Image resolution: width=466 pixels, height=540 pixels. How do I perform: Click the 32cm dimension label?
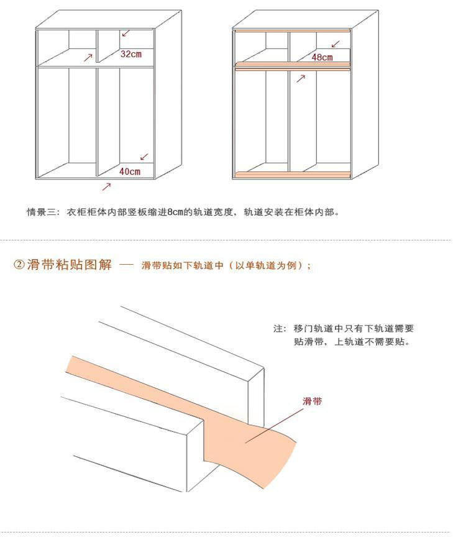130,54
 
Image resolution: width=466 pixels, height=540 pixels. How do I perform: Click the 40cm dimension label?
129,171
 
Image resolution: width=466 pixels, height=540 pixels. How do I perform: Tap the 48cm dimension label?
322,57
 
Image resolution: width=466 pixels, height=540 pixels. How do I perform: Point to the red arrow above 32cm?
126,32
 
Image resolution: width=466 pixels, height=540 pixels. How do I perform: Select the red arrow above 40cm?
144,157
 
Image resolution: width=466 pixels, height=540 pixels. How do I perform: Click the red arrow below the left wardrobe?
106,186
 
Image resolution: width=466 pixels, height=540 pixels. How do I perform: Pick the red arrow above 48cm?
336,43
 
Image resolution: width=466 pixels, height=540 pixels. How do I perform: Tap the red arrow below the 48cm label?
301,78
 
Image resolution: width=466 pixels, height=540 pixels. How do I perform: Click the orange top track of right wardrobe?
291,30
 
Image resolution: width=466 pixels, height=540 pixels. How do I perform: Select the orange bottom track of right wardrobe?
291,175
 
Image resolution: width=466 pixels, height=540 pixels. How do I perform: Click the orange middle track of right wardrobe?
291,64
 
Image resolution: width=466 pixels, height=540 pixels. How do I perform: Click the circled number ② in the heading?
19,265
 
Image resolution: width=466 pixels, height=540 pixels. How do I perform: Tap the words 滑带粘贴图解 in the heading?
70,265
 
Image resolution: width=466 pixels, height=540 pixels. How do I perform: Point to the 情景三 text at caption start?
39,212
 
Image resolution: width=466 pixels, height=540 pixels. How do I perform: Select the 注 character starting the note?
278,328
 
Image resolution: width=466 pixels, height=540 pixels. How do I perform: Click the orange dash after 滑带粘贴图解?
126,265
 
